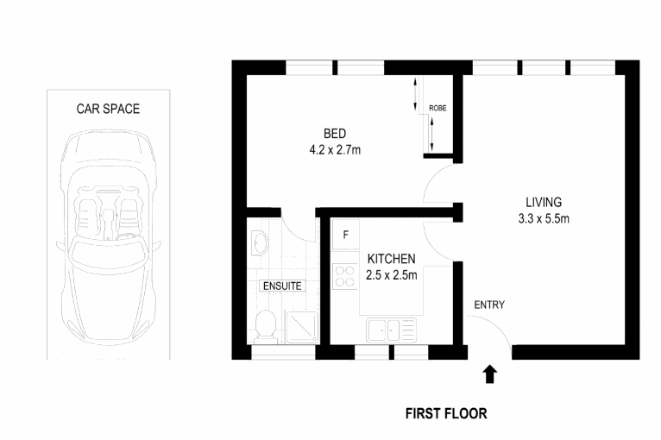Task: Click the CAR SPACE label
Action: tap(108, 109)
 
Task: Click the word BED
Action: tap(335, 134)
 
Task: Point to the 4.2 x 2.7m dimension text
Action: tap(335, 150)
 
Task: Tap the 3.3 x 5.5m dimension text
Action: tap(538, 218)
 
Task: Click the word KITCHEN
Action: tap(392, 259)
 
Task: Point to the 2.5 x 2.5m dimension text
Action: tap(392, 275)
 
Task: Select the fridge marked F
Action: tap(345, 235)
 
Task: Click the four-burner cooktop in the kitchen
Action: tap(345, 275)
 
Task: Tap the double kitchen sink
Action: tap(391, 329)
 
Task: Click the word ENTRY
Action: tap(489, 305)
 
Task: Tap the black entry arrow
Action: tap(489, 374)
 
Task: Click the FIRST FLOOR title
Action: tap(446, 413)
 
